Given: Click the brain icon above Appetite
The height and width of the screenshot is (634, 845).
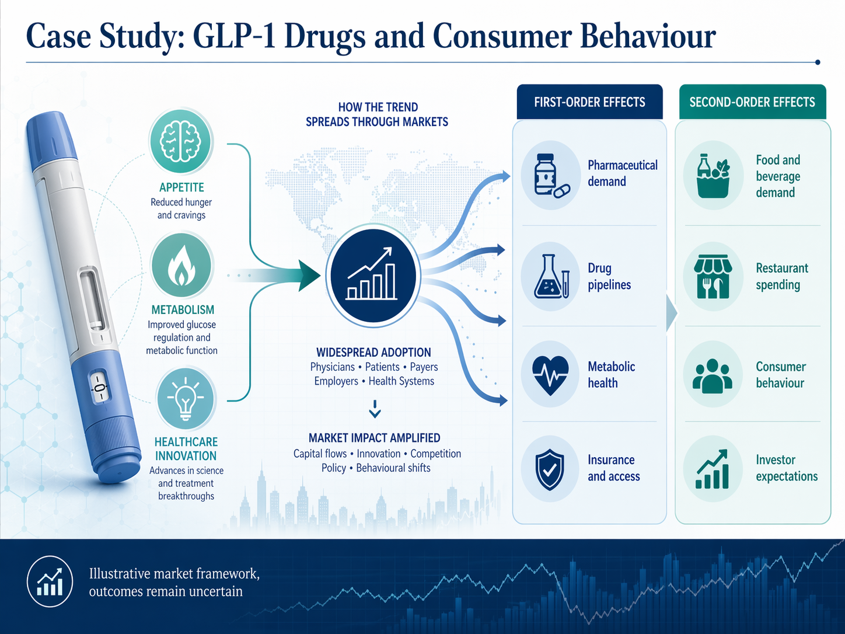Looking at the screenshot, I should (x=181, y=141).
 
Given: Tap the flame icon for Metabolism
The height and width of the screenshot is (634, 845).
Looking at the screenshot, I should (x=181, y=266).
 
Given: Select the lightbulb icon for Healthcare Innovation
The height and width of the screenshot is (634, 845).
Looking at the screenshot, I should (x=186, y=399).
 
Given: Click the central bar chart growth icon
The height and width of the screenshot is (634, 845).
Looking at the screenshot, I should (x=373, y=275).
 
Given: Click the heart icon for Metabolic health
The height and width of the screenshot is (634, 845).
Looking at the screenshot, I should (x=550, y=374).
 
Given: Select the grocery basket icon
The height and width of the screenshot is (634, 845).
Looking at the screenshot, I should (x=713, y=175).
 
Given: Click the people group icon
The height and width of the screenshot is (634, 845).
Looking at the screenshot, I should (x=713, y=375).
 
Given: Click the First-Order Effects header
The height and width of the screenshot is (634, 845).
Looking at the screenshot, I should (x=589, y=102).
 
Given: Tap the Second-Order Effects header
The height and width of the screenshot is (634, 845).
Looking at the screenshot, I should (x=752, y=102).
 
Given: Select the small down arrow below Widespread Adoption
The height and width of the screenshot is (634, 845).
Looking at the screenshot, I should (x=375, y=409).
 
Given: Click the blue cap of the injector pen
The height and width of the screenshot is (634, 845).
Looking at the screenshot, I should (x=51, y=140).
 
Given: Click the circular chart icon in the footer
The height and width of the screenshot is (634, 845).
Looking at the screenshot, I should (x=50, y=582).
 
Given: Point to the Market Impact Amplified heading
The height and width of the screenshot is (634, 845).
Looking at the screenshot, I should (x=374, y=438).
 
